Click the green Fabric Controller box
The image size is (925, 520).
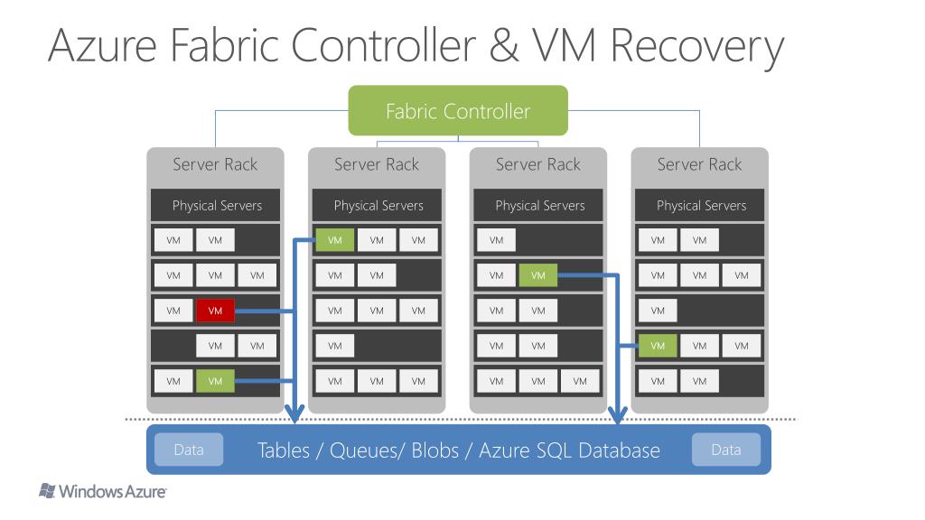(458, 111)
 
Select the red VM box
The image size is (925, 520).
(215, 311)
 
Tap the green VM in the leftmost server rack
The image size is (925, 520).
(215, 382)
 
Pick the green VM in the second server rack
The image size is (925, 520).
(335, 240)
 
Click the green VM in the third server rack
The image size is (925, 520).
(538, 275)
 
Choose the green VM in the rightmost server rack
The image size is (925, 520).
(658, 346)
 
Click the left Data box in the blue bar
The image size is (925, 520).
(189, 450)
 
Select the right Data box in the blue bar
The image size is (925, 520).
(726, 450)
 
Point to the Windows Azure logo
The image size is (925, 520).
(103, 492)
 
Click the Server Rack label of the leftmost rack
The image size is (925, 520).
(215, 164)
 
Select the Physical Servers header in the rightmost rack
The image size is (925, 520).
(702, 205)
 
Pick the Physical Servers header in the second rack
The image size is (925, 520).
(378, 205)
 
